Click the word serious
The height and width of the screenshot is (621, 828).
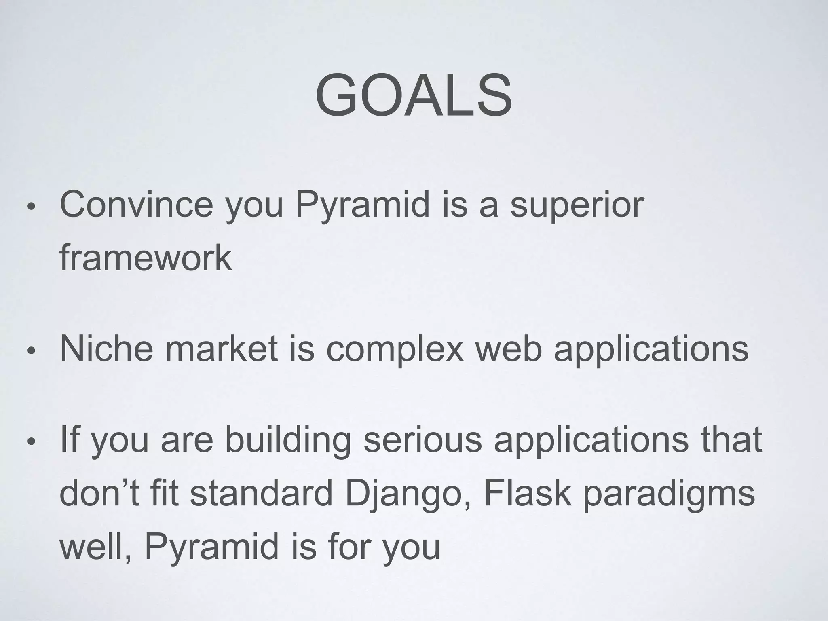tap(423, 440)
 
